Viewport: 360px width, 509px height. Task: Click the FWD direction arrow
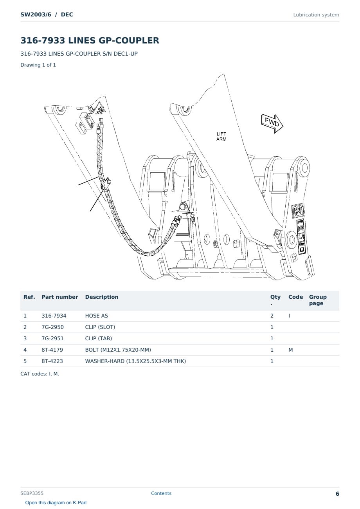(272, 123)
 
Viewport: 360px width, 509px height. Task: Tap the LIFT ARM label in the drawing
(221, 137)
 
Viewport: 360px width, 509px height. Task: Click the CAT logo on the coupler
(297, 210)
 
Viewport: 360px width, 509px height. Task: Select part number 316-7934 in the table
(54, 316)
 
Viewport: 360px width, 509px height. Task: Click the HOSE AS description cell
(97, 316)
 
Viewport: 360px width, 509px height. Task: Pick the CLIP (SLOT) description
(100, 327)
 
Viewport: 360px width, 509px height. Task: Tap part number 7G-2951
(52, 339)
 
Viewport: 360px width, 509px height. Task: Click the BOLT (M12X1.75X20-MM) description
(118, 350)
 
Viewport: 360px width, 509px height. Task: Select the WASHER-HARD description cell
(135, 361)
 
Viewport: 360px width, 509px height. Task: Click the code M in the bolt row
(290, 350)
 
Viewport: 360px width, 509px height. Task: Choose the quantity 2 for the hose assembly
(272, 316)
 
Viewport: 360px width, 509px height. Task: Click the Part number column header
(60, 297)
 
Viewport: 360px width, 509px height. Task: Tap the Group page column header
(318, 300)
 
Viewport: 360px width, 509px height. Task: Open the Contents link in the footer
(161, 493)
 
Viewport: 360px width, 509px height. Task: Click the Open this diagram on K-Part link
(56, 503)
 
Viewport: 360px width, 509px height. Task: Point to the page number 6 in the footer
(337, 494)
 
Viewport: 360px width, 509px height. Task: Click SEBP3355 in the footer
(32, 493)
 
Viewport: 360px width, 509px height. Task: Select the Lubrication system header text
(316, 15)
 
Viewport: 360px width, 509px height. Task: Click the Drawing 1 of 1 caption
(38, 65)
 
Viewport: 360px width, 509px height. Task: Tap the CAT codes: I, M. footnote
(40, 374)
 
